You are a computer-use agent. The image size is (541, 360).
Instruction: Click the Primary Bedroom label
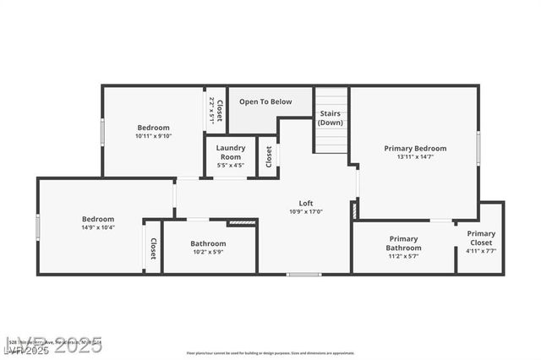click(415, 149)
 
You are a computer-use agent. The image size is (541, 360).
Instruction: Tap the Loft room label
click(306, 203)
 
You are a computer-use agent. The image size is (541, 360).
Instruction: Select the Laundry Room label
click(230, 152)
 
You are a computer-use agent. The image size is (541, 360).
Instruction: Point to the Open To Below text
click(265, 102)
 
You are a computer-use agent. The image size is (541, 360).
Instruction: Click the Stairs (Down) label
click(331, 117)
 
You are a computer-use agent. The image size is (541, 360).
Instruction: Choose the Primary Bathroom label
click(403, 243)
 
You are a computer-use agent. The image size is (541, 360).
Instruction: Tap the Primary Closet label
click(481, 238)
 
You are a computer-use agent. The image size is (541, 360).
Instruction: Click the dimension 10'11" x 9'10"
click(153, 136)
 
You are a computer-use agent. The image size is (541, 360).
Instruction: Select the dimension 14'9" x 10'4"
click(98, 227)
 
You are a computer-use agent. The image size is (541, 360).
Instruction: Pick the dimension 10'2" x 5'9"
click(207, 252)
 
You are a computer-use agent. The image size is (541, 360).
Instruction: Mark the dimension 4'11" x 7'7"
click(481, 251)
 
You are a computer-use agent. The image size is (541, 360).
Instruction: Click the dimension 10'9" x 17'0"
click(306, 211)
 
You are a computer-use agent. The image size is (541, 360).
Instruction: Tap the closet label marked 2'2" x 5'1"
click(211, 111)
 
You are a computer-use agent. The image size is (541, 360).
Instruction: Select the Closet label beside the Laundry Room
click(269, 156)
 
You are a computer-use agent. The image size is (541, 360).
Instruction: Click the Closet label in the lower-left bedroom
click(153, 248)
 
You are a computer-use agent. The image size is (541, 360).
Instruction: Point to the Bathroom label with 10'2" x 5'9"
click(207, 243)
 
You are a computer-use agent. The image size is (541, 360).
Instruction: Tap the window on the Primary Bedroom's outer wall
click(478, 148)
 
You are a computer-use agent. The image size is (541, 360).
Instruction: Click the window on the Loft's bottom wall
click(303, 274)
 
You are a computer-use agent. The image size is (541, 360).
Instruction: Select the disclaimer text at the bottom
click(270, 353)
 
